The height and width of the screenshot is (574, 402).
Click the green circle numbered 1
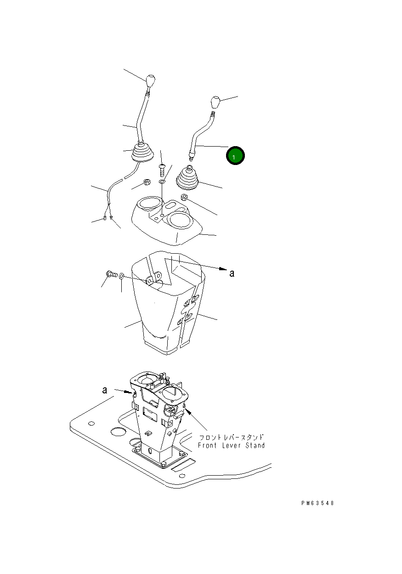click(x=235, y=155)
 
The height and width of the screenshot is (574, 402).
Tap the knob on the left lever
click(x=150, y=81)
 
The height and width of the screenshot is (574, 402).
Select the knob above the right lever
click(x=215, y=102)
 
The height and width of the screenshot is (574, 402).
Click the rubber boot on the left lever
click(x=143, y=153)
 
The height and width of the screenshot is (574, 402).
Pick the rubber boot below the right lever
click(x=187, y=178)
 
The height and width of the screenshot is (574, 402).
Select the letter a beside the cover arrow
click(x=232, y=273)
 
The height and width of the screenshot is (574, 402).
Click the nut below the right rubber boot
click(x=184, y=197)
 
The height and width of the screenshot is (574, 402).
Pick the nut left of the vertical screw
click(x=147, y=182)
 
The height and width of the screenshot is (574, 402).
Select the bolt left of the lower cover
click(x=112, y=274)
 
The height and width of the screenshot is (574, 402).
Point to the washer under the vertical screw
click(x=162, y=182)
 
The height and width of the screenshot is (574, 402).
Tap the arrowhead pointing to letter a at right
click(x=223, y=269)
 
